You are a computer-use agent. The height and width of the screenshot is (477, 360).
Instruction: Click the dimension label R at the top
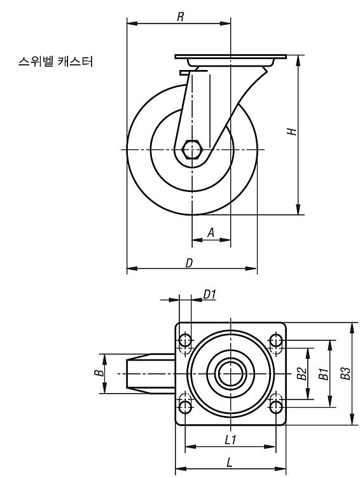coord(181,17)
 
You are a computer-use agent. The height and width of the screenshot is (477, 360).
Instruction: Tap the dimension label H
coord(292,131)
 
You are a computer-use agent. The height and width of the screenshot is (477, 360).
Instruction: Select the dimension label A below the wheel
coord(211,233)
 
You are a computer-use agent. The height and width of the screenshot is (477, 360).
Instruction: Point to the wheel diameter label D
coord(190,263)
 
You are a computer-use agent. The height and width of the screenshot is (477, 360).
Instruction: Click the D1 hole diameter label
coord(209,294)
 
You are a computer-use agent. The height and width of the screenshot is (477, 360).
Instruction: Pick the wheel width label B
coord(99,373)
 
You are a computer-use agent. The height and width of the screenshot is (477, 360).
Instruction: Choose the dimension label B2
coord(301,373)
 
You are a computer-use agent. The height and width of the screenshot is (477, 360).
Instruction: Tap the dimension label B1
coord(323,373)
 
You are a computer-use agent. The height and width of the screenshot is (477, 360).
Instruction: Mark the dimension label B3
coord(345,373)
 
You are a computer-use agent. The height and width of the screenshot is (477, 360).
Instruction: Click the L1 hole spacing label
coord(230,440)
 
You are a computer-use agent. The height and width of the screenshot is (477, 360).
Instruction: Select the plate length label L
coord(230,462)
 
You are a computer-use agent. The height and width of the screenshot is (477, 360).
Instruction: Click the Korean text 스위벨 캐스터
coord(56,62)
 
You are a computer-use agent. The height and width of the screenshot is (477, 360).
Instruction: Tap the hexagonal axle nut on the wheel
coord(192,149)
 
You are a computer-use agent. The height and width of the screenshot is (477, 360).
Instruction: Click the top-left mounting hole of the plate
coord(185,340)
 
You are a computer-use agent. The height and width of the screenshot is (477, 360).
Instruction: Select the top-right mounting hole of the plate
coord(275,340)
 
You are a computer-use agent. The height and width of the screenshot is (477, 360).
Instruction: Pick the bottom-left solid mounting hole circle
coord(185,407)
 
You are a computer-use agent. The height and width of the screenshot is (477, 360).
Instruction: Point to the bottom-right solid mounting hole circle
coord(275,407)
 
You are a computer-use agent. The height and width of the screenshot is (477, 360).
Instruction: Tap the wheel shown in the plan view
coord(151,373)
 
